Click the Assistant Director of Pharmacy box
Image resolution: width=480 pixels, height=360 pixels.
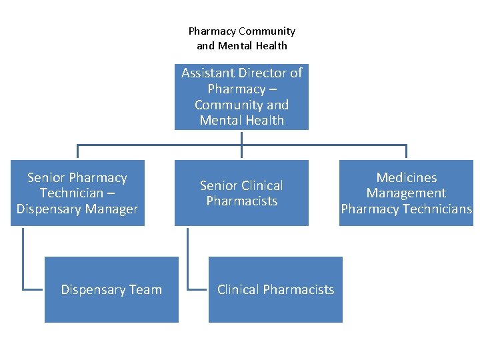click(241, 97)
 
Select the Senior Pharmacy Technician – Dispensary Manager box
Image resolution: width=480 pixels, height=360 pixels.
click(77, 193)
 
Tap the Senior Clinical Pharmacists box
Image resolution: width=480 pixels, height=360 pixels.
click(241, 193)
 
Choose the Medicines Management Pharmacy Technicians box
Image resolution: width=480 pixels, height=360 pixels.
click(406, 193)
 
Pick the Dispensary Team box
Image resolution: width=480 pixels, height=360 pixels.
click(111, 289)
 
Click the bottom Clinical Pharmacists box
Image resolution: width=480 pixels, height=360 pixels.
click(275, 289)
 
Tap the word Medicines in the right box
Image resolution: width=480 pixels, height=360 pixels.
click(406, 177)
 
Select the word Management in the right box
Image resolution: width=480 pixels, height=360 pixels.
click(406, 193)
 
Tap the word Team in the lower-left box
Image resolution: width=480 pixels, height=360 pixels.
click(146, 289)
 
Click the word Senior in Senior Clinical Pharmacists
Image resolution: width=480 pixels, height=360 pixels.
click(218, 185)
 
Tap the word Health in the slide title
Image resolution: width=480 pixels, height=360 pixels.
click(270, 45)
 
